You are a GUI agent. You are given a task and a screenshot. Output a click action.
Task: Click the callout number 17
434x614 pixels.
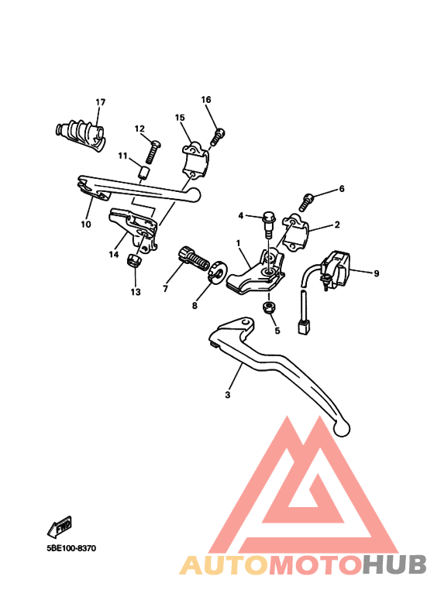point(101,102)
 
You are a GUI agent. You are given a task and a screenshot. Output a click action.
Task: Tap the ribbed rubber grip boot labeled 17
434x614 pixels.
point(80,134)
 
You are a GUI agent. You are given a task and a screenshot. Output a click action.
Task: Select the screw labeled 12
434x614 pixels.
point(153,153)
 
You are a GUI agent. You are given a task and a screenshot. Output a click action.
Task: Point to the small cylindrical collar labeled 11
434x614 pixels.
point(144,172)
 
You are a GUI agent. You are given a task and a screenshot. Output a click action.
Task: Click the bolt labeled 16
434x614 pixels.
point(218,137)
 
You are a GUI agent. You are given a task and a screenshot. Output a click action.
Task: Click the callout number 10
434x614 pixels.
point(86,225)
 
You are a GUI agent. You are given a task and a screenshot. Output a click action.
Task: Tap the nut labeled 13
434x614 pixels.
point(135,260)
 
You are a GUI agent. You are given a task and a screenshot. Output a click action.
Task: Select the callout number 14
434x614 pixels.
point(114,255)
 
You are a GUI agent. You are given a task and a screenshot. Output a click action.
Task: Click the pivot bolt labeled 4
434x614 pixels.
point(269,225)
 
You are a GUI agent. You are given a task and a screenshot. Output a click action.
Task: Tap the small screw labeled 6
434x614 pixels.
point(307,201)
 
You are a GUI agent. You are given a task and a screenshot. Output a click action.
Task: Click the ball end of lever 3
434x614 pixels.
point(342,427)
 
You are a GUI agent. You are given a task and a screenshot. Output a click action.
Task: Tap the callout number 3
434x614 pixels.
point(228,395)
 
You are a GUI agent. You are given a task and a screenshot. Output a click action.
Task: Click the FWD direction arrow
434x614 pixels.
point(60,527)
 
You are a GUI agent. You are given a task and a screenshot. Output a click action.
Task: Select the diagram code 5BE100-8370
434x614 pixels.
point(71,548)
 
